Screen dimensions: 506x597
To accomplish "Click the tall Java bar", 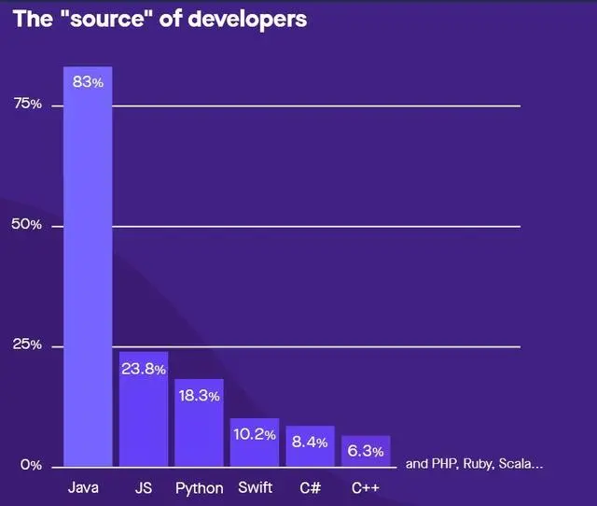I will [88, 271].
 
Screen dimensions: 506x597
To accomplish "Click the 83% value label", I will [88, 82].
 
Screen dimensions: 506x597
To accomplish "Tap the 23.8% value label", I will [144, 369].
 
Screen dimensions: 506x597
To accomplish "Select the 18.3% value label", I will [199, 396].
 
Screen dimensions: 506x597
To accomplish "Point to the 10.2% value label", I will [255, 434].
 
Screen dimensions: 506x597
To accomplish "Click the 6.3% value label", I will [365, 452].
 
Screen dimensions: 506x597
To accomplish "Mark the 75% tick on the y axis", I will [27, 105].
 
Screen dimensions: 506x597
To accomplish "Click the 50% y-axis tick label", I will [27, 225].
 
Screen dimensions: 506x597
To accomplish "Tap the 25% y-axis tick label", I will [27, 345].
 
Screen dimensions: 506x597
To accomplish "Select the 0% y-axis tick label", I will [31, 465].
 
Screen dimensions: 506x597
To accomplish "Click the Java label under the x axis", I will [84, 487].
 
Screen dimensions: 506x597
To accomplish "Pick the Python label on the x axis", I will [199, 488].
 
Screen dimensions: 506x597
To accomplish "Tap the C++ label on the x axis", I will [365, 487].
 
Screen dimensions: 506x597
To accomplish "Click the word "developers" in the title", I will [246, 19].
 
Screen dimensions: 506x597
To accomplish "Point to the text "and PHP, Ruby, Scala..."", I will [474, 463].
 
